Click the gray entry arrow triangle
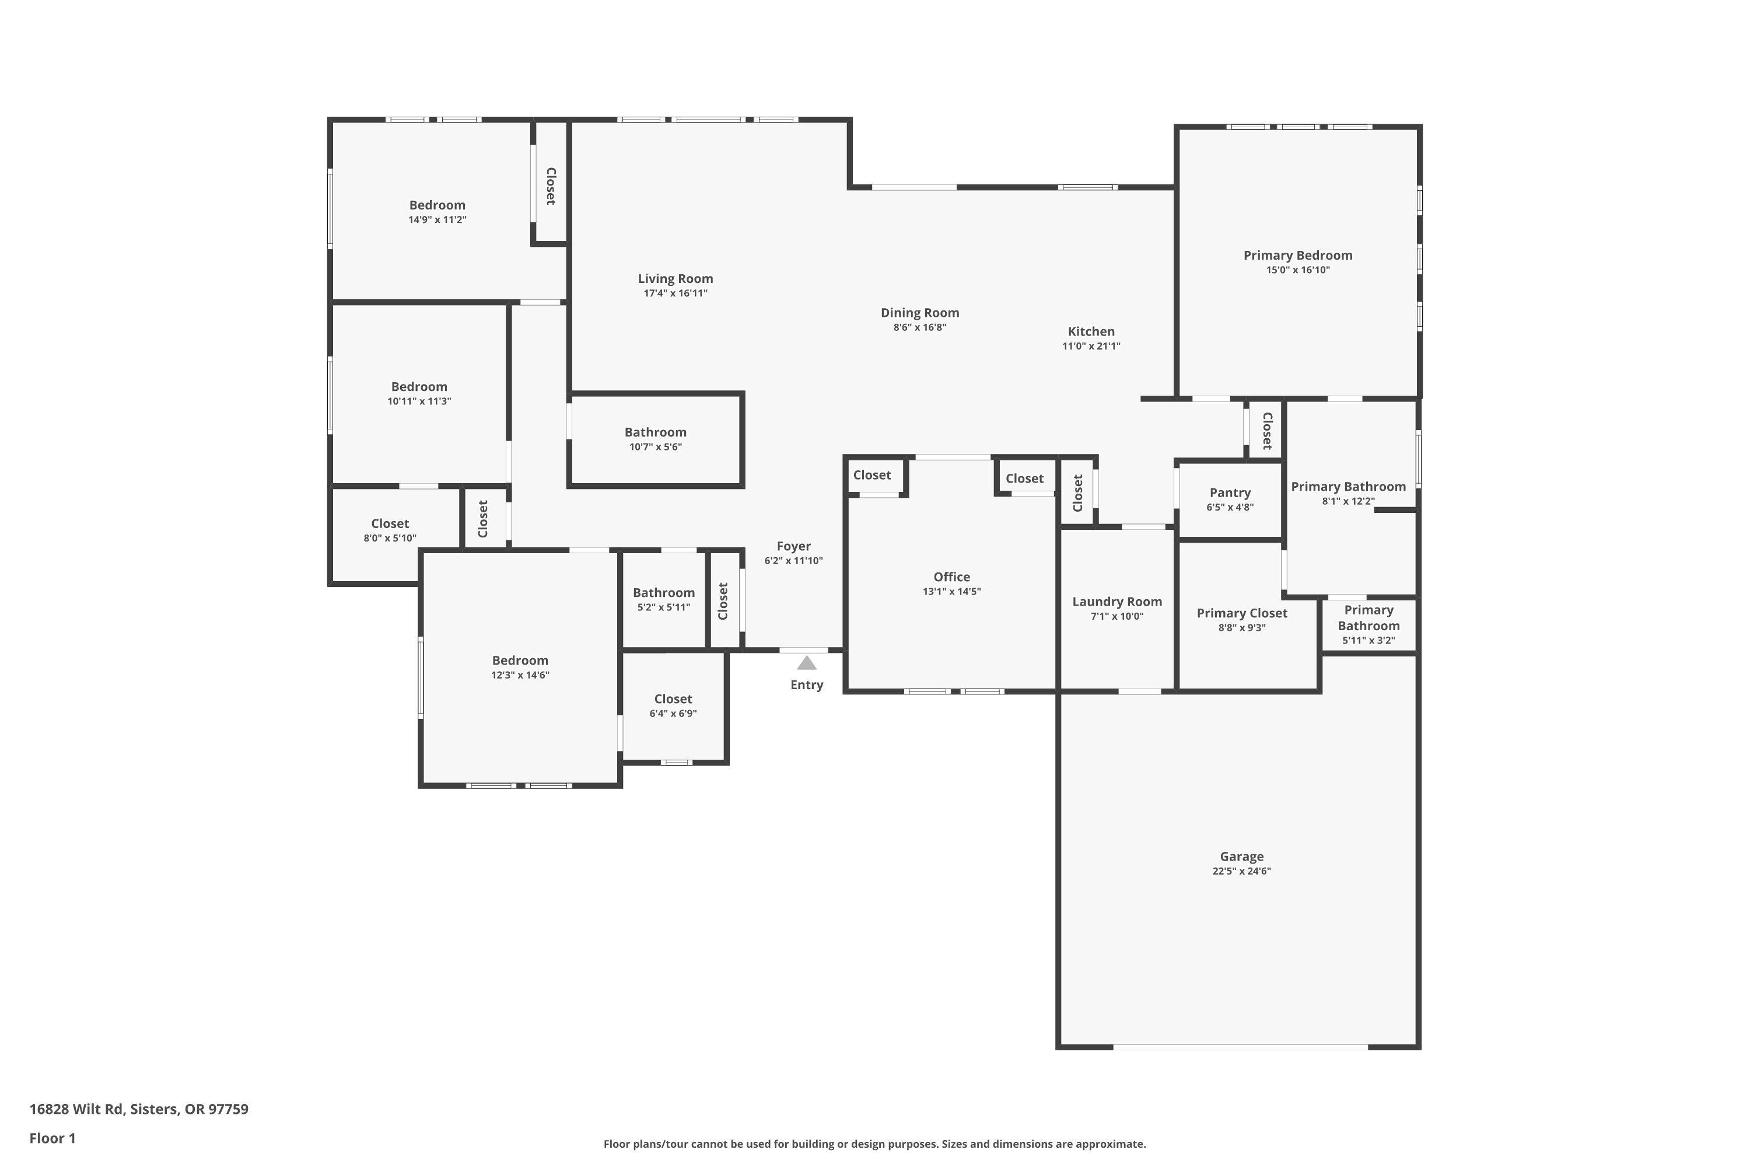click(x=807, y=663)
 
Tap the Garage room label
click(x=1241, y=857)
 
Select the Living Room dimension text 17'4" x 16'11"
click(x=675, y=294)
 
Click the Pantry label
click(x=1229, y=492)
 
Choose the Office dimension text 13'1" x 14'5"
click(x=951, y=592)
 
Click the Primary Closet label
click(x=1241, y=613)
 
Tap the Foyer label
click(x=793, y=546)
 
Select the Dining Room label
click(x=920, y=313)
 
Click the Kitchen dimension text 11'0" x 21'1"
click(x=1091, y=346)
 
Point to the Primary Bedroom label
click(x=1297, y=256)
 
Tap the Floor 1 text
click(x=52, y=1138)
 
